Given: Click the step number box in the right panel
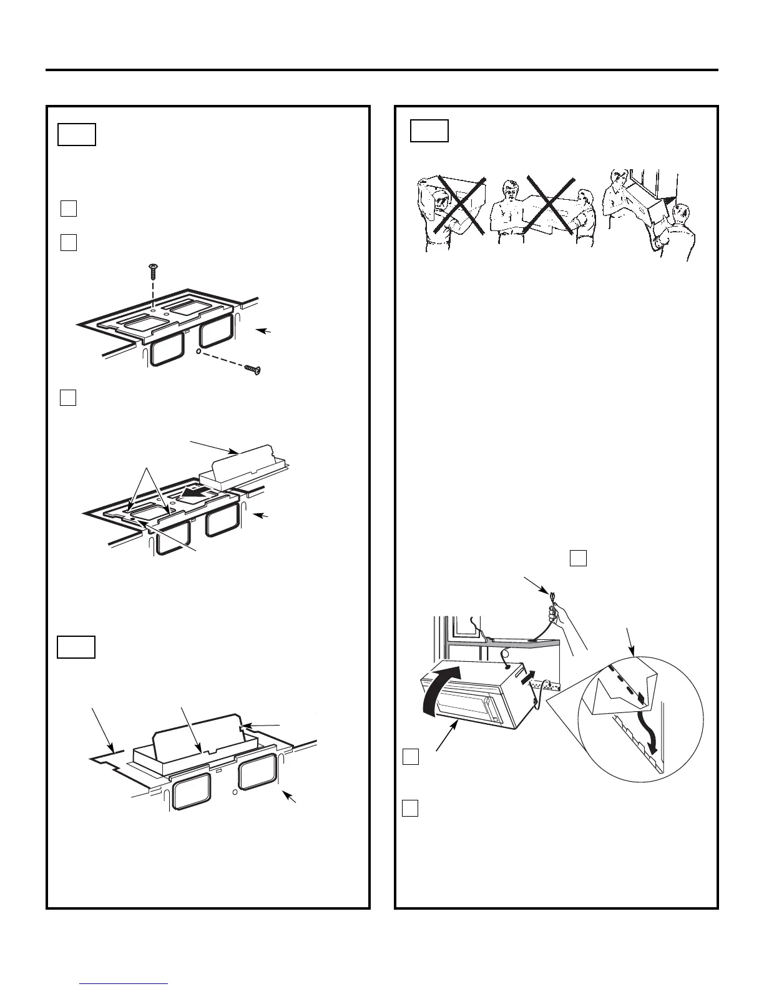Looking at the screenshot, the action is [429, 130].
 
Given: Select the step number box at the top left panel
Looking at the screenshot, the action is [76, 134].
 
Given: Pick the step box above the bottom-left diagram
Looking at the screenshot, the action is [76, 647].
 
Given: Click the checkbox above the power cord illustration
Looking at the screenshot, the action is [578, 558].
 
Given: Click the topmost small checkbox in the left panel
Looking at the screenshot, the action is [69, 209].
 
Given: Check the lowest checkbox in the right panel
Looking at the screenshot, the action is [409, 808].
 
